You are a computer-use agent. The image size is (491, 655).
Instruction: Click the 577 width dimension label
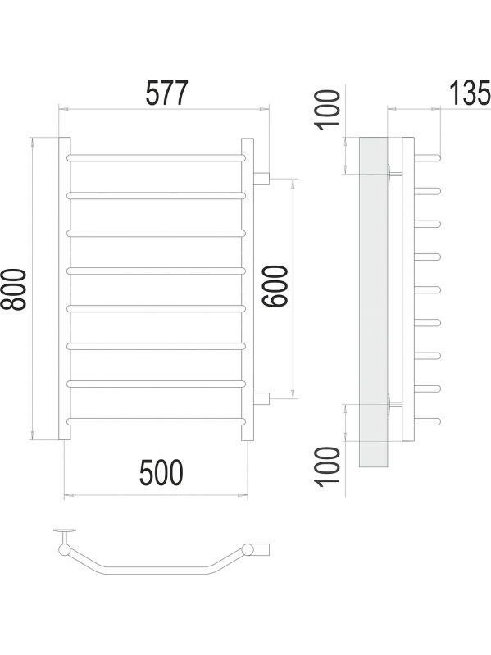tap(167, 93)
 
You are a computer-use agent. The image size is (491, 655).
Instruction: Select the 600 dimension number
tap(275, 286)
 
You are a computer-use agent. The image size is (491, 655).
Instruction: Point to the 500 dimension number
tap(161, 473)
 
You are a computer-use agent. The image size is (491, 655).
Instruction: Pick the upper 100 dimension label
tap(327, 110)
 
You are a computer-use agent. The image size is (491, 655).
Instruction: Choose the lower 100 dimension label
tap(327, 466)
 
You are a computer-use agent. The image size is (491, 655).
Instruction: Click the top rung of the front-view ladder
tap(156, 158)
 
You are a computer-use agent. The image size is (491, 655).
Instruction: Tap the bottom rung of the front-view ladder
tap(156, 422)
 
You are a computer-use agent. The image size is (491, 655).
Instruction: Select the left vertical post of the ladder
tap(64, 289)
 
